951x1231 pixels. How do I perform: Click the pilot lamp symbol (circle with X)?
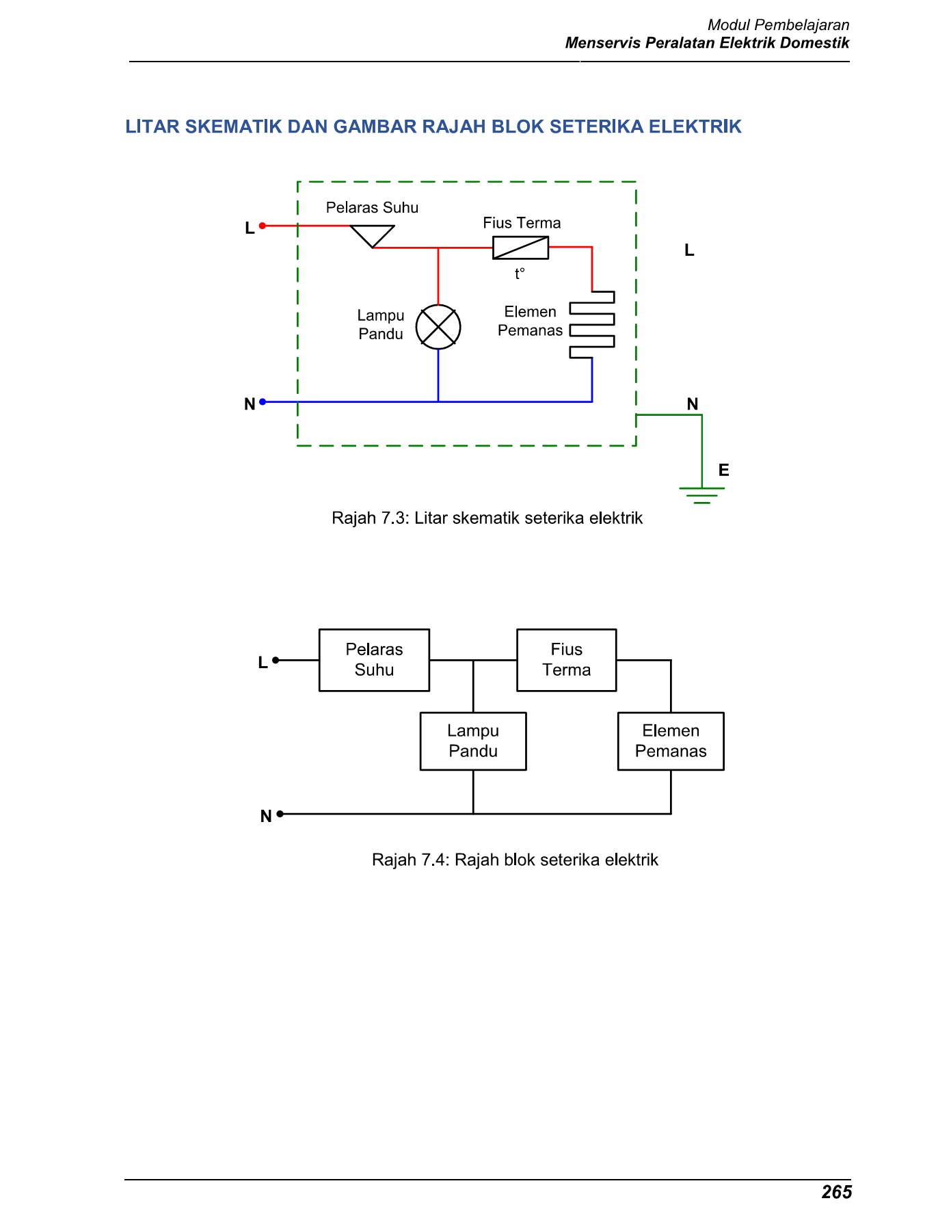coord(438,327)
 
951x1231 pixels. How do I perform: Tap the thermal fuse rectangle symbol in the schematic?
coord(520,248)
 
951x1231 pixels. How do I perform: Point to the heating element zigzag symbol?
coord(592,325)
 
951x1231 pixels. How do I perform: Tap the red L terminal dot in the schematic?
coord(263,226)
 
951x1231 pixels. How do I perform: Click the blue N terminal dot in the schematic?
coord(263,402)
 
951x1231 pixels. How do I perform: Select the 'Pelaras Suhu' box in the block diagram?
coord(374,660)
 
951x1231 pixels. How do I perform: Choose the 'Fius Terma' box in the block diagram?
coord(566,660)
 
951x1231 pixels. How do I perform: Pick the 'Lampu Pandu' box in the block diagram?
coord(473,741)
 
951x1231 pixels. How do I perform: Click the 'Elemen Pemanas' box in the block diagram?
coord(671,741)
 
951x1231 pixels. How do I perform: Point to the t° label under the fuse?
coord(520,274)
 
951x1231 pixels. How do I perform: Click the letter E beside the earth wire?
coord(723,471)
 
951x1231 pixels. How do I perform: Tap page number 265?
coord(837,1193)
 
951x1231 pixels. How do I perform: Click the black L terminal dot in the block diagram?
coord(276,661)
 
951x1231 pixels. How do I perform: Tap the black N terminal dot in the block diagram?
coord(280,814)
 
